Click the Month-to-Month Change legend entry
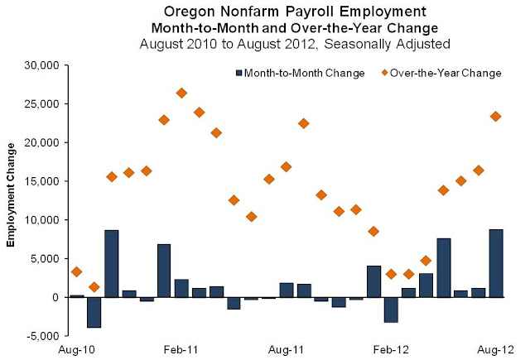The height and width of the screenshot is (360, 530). tap(301, 73)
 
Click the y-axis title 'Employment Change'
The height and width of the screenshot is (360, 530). tap(12, 197)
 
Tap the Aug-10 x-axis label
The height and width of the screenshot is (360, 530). tap(75, 351)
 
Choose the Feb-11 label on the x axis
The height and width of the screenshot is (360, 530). tap(181, 351)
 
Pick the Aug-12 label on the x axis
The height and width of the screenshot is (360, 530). tap(496, 351)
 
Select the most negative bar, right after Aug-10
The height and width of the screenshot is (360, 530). tap(94, 312)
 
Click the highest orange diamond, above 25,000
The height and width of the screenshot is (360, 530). tap(181, 94)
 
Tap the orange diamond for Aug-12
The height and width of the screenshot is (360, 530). tap(496, 117)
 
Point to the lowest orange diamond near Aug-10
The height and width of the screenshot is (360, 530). tap(94, 287)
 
